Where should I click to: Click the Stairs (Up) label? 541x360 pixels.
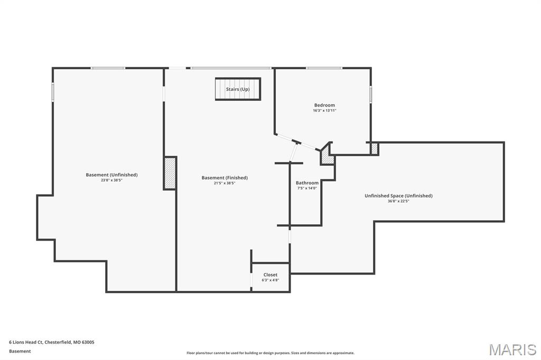pyautogui.click(x=238, y=89)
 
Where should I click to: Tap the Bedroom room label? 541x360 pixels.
pyautogui.click(x=324, y=105)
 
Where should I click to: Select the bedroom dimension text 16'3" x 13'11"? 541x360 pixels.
pyautogui.click(x=324, y=111)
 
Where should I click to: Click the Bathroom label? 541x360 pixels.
pyautogui.click(x=307, y=183)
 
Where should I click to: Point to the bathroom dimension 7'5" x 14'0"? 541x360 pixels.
pyautogui.click(x=307, y=188)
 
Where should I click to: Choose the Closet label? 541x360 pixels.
pyautogui.click(x=270, y=274)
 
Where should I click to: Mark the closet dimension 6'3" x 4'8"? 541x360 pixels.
pyautogui.click(x=270, y=280)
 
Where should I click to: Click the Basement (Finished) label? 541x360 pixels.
pyautogui.click(x=225, y=178)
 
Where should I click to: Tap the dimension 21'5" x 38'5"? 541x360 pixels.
pyautogui.click(x=225, y=184)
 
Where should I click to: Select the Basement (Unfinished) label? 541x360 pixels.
pyautogui.click(x=111, y=175)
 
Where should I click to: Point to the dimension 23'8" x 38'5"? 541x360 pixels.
pyautogui.click(x=111, y=181)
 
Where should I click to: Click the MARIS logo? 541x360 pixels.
pyautogui.click(x=512, y=349)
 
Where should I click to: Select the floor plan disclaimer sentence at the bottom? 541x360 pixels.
pyautogui.click(x=270, y=353)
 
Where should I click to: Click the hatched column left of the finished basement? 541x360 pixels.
pyautogui.click(x=170, y=173)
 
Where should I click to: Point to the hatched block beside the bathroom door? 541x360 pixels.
pyautogui.click(x=328, y=157)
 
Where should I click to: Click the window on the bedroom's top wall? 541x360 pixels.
pyautogui.click(x=324, y=68)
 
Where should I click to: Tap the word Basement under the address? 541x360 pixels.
pyautogui.click(x=20, y=351)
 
